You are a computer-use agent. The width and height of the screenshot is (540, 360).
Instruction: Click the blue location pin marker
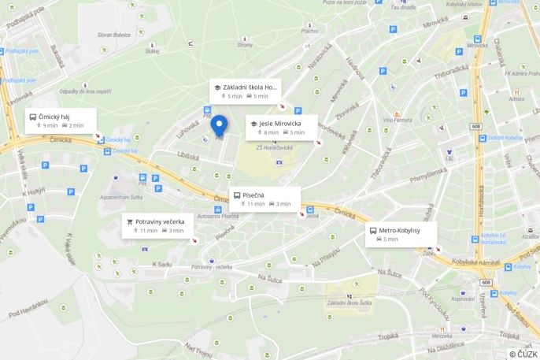pos(219,126)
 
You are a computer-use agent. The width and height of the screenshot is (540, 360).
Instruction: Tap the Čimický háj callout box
pos(61,121)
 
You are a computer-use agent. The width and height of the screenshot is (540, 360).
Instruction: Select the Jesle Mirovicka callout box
pos(281,128)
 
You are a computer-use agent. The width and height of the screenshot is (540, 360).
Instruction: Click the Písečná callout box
pos(264,199)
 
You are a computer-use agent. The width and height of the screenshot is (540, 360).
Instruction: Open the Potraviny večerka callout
pos(158,225)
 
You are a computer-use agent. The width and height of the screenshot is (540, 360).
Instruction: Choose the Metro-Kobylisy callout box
pos(401,234)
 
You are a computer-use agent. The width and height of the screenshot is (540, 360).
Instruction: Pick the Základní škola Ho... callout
pos(245,91)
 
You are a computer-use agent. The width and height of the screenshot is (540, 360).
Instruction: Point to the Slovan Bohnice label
pos(115,35)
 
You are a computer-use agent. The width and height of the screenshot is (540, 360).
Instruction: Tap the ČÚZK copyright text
pos(523,354)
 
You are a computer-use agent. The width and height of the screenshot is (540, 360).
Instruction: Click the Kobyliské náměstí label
pos(477,262)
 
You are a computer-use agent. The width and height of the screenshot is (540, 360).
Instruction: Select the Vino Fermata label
pos(397,120)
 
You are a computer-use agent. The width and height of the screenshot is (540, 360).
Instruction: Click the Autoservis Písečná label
pos(218,216)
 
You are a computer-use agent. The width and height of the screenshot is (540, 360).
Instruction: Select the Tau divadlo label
pos(404,6)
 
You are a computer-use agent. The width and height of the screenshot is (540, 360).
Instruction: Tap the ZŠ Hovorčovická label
pos(275,147)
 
